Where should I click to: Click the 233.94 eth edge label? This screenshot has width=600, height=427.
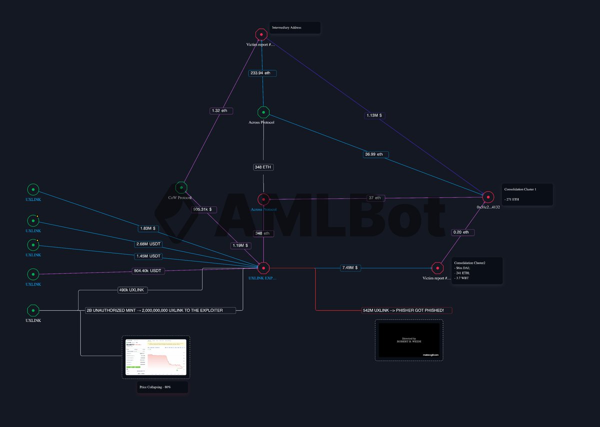pyautogui.click(x=262, y=73)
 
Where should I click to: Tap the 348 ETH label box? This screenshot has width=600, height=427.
pyautogui.click(x=263, y=167)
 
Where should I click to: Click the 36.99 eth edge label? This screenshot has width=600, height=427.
pyautogui.click(x=375, y=154)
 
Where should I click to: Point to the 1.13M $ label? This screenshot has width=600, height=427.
pyautogui.click(x=374, y=115)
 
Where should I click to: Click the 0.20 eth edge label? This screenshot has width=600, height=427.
pyautogui.click(x=460, y=232)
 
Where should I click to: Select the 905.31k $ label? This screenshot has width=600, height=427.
pyautogui.click(x=205, y=209)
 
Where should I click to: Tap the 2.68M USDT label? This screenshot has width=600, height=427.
pyautogui.click(x=148, y=244)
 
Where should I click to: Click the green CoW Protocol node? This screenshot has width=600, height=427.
pyautogui.click(x=181, y=187)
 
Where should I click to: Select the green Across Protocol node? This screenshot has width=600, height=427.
pyautogui.click(x=263, y=112)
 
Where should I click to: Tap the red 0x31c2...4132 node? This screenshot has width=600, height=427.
pyautogui.click(x=488, y=197)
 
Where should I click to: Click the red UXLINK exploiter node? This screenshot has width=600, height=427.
pyautogui.click(x=263, y=268)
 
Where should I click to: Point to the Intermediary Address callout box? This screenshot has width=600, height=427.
pyautogui.click(x=295, y=27)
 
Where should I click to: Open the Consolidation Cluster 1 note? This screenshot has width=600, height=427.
pyautogui.click(x=527, y=194)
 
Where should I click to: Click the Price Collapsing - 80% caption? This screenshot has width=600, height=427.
pyautogui.click(x=162, y=387)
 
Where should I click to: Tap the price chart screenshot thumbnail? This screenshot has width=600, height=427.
pyautogui.click(x=154, y=357)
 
